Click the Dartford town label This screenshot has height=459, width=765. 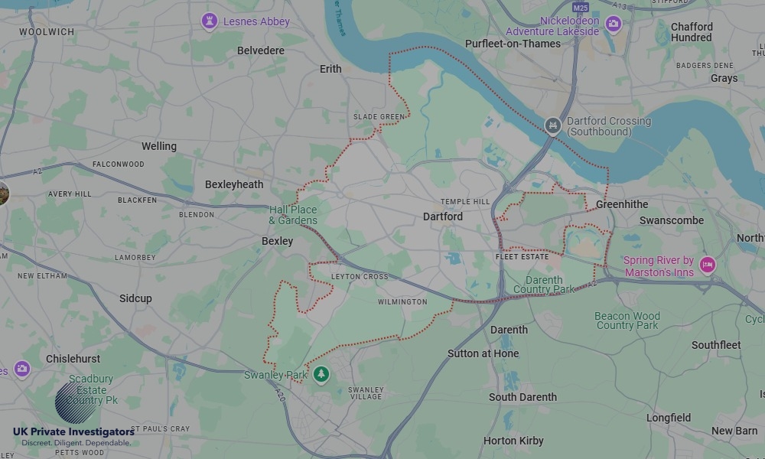coord(443,216)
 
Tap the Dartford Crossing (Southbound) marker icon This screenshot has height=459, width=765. coord(553,125)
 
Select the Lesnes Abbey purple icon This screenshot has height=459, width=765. coord(210,21)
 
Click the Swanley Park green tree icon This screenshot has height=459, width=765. coord(321,374)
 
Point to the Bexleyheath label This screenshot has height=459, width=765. coord(234,184)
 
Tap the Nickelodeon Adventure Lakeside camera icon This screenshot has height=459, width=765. coord(613,24)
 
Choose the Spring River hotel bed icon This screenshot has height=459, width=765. coord(708,265)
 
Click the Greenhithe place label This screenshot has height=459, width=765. coord(622,204)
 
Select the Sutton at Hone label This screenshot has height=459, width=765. coord(483,353)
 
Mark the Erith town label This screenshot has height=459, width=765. coord(330,69)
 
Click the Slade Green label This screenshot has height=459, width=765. coord(379,117)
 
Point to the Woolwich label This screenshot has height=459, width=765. coord(47,32)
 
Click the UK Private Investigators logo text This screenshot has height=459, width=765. coord(73,432)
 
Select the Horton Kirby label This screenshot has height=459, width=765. coord(513,441)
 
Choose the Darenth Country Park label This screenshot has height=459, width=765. coord(544,285)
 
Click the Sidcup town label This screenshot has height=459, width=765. coord(135,298)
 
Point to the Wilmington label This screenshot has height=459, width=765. coord(402,302)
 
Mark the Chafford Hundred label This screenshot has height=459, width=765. coord(692,31)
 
